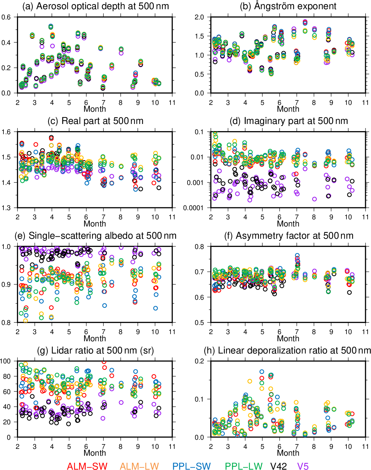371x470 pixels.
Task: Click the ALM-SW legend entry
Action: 87,466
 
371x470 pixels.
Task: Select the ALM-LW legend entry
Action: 139,466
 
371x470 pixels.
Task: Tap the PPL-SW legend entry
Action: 191,466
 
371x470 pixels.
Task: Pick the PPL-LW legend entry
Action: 243,466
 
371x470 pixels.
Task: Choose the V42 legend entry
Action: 279,466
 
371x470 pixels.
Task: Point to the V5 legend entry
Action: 303,466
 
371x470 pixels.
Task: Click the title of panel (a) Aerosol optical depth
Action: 95,6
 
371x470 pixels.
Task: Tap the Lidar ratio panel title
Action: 95,350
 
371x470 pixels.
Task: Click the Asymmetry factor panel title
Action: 290,236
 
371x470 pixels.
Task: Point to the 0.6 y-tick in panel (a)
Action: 6,17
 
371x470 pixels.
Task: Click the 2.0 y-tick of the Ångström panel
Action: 199,17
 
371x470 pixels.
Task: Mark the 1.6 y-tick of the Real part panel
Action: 6,132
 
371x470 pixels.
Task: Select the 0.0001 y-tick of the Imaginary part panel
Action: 194,208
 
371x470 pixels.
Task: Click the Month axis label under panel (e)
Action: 95,339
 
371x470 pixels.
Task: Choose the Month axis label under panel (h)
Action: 288,453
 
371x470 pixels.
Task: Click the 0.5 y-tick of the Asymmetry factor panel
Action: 199,323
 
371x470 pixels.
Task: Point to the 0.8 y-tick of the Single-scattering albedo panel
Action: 6,323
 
